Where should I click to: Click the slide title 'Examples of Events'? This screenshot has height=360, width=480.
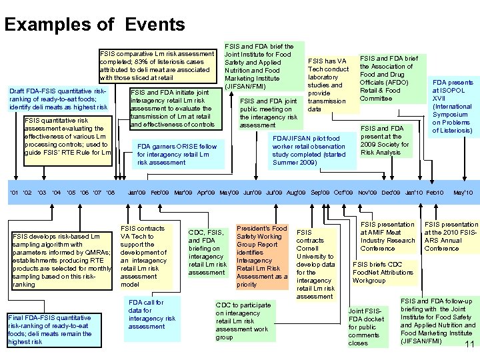95,25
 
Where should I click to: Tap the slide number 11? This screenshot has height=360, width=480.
469,344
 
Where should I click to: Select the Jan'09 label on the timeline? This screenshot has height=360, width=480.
137,193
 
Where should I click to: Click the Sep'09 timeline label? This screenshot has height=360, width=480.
321,193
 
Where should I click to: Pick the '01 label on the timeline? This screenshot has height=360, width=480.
14,193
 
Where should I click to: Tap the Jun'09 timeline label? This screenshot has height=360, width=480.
252,193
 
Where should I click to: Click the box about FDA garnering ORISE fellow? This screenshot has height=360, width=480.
177,154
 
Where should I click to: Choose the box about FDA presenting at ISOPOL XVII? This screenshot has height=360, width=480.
453,107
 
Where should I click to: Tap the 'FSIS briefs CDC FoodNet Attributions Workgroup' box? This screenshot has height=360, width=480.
383,272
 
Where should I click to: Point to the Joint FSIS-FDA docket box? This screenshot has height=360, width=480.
366,327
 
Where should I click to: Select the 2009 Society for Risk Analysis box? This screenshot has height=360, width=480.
385,140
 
